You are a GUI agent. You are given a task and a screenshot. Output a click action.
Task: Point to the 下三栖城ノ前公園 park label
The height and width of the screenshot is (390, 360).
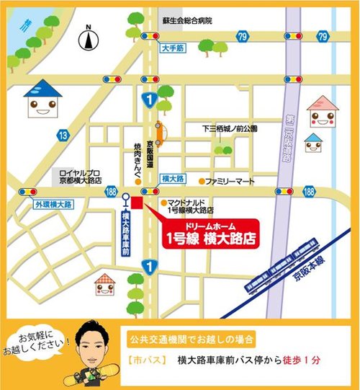point(230,129)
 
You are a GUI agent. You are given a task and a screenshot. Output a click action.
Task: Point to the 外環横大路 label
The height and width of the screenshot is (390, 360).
point(53,205)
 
